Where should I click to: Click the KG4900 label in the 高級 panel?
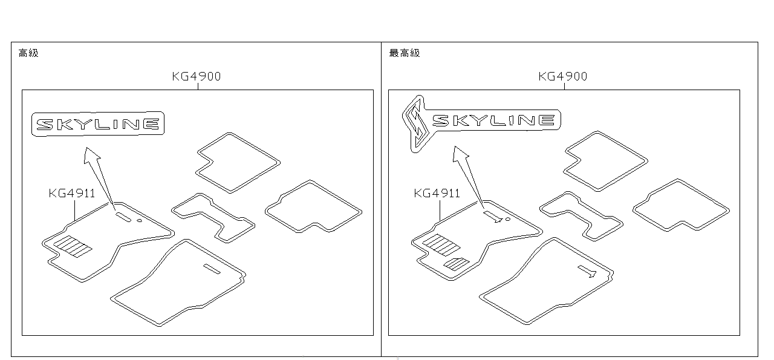(x=197, y=76)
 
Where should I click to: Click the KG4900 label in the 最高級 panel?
(x=563, y=76)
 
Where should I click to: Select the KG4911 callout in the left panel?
(x=72, y=193)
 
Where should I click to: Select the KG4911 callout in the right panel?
(x=437, y=193)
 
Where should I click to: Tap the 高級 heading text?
(x=28, y=53)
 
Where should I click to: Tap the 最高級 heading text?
(x=405, y=53)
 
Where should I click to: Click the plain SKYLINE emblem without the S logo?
(x=98, y=124)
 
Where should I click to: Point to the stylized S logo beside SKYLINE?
(x=416, y=124)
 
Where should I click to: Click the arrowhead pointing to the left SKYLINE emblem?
(x=91, y=155)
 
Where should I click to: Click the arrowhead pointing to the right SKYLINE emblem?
(x=460, y=154)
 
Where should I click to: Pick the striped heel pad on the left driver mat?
(x=73, y=247)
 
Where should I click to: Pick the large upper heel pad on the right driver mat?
(x=441, y=245)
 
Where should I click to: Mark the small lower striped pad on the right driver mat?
(x=457, y=264)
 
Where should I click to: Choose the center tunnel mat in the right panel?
(x=582, y=216)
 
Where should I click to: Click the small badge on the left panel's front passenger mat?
(x=212, y=269)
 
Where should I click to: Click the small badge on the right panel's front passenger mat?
(x=587, y=271)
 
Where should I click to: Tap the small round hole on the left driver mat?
(x=140, y=220)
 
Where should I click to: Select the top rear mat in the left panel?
(x=238, y=163)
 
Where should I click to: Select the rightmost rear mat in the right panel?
(x=681, y=205)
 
